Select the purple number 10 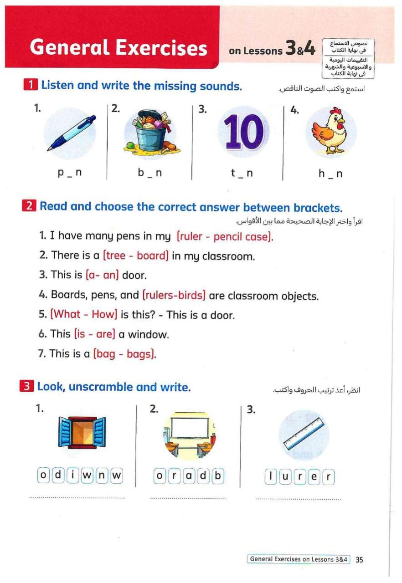pyautogui.click(x=244, y=132)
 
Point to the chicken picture pyautogui.click(x=330, y=131)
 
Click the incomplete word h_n pyautogui.click(x=330, y=174)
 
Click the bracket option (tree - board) pyautogui.click(x=136, y=256)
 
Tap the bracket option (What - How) pyautogui.click(x=84, y=314)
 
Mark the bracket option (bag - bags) pyautogui.click(x=124, y=353)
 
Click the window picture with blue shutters pyautogui.click(x=82, y=431)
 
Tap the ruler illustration pyautogui.click(x=303, y=434)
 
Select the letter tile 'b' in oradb pyautogui.click(x=218, y=476)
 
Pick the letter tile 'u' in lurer pyautogui.click(x=285, y=477)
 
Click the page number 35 pyautogui.click(x=359, y=560)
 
